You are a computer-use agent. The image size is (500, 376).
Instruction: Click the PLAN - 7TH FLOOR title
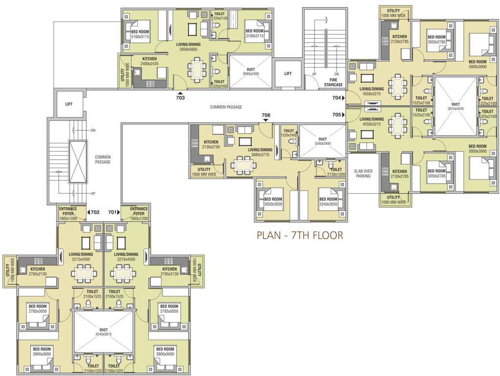pyautogui.click(x=300, y=235)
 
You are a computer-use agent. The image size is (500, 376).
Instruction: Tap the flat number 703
pyautogui.click(x=181, y=98)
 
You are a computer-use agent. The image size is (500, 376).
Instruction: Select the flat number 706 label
pyautogui.click(x=266, y=116)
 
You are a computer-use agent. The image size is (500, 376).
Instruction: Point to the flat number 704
pyautogui.click(x=336, y=98)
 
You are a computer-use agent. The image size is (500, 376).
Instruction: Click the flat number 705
pyautogui.click(x=336, y=115)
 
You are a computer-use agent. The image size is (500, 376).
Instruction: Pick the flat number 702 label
pyautogui.click(x=94, y=212)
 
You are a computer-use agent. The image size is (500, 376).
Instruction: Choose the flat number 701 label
pyautogui.click(x=113, y=212)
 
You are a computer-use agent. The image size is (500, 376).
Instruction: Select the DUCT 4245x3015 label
pyautogui.click(x=103, y=332)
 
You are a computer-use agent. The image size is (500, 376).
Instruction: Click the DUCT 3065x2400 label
pyautogui.click(x=250, y=71)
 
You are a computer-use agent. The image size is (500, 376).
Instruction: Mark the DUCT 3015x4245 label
pyautogui.click(x=455, y=106)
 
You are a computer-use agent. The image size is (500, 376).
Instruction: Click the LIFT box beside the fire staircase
pyautogui.click(x=288, y=73)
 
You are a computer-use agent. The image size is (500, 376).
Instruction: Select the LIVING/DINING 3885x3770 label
pyautogui.click(x=260, y=152)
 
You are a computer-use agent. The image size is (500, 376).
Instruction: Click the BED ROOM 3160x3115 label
pyautogui.click(x=140, y=34)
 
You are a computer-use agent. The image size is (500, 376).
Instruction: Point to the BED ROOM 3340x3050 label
pyautogui.click(x=328, y=202)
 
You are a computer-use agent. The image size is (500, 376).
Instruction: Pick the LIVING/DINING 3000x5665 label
pyautogui.click(x=188, y=47)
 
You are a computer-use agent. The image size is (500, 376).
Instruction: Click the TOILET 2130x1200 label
pyautogui.click(x=336, y=172)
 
